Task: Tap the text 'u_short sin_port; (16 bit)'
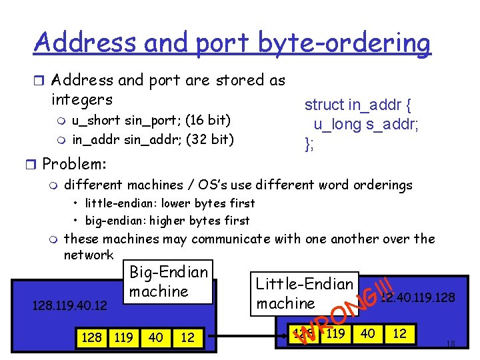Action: coord(151,121)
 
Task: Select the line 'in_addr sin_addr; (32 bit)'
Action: coord(153,139)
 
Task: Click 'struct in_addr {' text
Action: coord(358,105)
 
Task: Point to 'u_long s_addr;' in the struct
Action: coord(366,124)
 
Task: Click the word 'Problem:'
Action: coord(74,163)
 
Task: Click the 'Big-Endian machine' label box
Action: coord(169,282)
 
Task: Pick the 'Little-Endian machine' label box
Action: coord(305,293)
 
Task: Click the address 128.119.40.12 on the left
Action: coord(69,305)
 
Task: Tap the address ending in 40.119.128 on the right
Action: coord(419,297)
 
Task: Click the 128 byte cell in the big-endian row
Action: coord(91,338)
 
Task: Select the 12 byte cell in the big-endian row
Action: coord(187,338)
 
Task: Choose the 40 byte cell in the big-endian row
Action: coord(156,338)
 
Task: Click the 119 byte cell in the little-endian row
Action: coord(335,333)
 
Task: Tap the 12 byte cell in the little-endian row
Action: coord(399,333)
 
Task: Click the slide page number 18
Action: coord(450,345)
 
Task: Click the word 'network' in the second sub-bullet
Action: coord(89,255)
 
